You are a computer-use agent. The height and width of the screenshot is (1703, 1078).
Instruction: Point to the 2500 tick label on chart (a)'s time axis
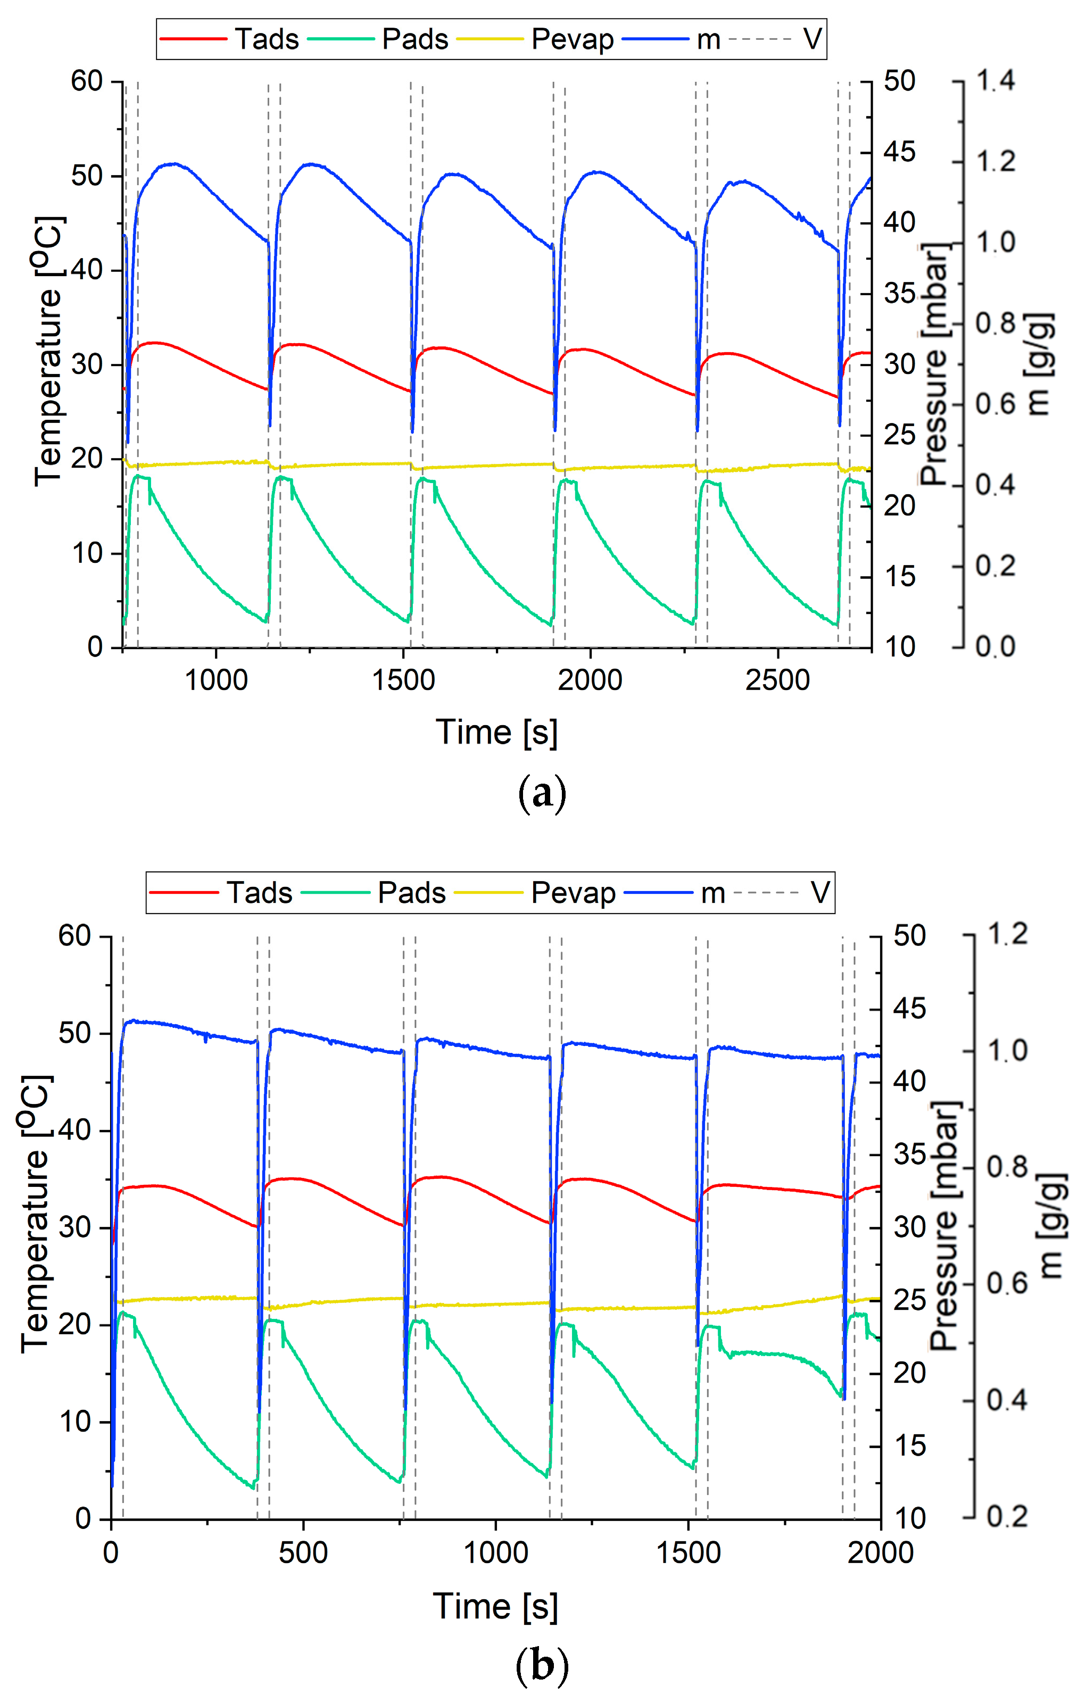click(777, 680)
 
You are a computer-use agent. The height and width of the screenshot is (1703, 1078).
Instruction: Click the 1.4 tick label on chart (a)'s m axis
click(995, 81)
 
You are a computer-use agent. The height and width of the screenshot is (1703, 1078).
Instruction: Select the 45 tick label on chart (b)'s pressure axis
click(909, 1009)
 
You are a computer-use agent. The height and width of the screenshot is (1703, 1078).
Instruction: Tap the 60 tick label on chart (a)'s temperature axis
click(86, 81)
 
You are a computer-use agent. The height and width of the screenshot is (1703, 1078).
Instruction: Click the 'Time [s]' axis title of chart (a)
click(496, 733)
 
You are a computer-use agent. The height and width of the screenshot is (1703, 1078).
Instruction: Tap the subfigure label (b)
click(542, 1666)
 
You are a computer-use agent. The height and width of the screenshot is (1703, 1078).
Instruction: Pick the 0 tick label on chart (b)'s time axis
click(111, 1553)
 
